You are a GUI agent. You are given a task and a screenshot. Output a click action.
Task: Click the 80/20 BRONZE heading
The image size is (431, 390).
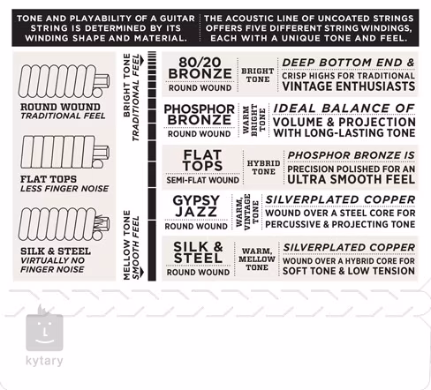pos(200,68)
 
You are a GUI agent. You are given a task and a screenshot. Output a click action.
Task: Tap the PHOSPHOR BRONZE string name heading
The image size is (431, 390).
pos(200,115)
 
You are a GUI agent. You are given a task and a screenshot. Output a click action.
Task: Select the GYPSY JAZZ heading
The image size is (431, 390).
pos(196,206)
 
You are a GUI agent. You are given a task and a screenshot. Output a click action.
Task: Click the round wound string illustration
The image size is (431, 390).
pos(64,81)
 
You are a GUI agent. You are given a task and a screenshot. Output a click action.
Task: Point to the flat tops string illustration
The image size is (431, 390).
pos(64,152)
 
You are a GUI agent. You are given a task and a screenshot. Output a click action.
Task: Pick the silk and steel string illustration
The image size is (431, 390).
pos(64,224)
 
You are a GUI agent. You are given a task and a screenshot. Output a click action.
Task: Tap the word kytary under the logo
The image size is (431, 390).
pos(44,361)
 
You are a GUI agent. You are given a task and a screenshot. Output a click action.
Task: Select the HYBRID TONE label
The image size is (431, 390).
pos(263,168)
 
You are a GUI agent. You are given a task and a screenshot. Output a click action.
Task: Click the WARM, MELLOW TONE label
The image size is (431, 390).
pos(257,259)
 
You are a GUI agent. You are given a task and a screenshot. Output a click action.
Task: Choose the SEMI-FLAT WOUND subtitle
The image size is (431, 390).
pos(202,180)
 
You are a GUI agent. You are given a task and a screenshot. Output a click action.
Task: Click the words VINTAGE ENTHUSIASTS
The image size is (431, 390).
pos(349,86)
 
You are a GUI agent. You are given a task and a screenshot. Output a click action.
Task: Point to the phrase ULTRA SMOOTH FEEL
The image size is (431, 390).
pos(352,179)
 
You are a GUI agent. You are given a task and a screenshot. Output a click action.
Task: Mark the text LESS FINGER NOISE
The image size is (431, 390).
pos(64,189)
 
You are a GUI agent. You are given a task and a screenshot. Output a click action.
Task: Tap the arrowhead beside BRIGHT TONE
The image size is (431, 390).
pos(142,61)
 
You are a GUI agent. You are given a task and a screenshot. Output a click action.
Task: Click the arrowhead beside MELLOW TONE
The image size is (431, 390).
pos(142,273)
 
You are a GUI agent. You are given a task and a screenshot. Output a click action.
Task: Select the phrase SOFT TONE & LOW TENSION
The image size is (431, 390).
pos(349,271)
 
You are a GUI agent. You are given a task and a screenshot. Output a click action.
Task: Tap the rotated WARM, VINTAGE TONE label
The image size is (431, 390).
pos(247,212)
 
